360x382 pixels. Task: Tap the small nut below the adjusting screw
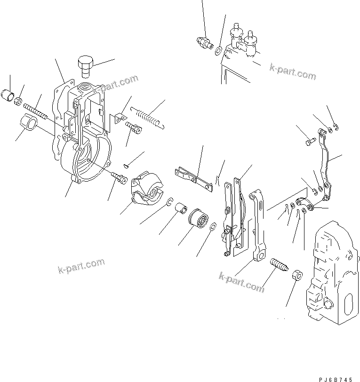tap(297, 275)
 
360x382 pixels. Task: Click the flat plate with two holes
tap(194, 179)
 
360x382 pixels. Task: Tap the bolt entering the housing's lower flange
tap(120, 177)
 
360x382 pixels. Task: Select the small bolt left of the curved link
tap(309, 140)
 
